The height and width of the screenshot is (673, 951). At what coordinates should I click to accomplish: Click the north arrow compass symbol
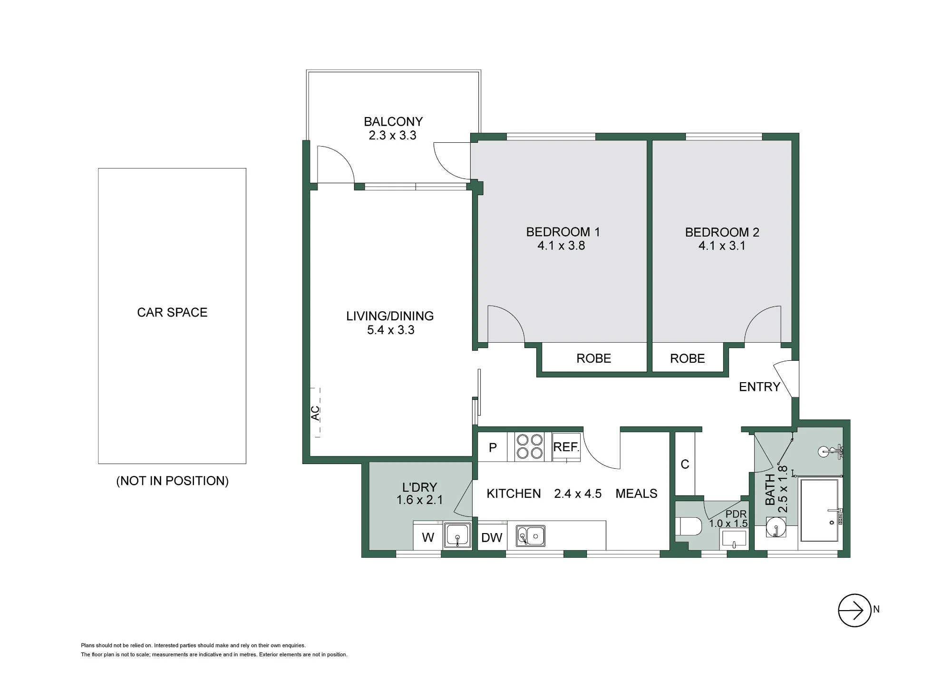point(854,610)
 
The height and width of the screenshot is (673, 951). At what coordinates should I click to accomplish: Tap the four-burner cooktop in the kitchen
point(530,446)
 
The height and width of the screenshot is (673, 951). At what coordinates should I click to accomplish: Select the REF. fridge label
point(566,447)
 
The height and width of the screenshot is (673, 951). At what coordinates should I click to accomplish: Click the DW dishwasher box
point(492,537)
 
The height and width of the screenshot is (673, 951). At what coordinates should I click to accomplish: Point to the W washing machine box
point(428,537)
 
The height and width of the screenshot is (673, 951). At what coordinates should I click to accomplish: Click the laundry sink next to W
point(457,536)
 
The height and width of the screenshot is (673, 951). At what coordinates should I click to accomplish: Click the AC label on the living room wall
point(315,413)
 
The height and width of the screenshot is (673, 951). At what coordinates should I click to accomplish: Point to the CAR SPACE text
point(172,312)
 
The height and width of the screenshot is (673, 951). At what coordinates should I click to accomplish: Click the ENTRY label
point(759,387)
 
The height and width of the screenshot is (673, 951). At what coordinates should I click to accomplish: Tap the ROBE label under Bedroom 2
point(687,358)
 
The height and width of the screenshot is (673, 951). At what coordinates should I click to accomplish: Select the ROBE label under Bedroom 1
point(593,358)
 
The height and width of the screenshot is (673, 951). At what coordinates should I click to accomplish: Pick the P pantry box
point(493,447)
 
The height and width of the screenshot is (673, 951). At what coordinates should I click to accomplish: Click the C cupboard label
point(685,464)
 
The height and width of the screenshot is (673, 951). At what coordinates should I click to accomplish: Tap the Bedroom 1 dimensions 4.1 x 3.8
point(561,246)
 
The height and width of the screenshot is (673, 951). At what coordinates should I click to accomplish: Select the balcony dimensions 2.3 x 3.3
point(392,135)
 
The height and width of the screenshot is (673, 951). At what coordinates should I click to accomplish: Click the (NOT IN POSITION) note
point(172,481)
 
